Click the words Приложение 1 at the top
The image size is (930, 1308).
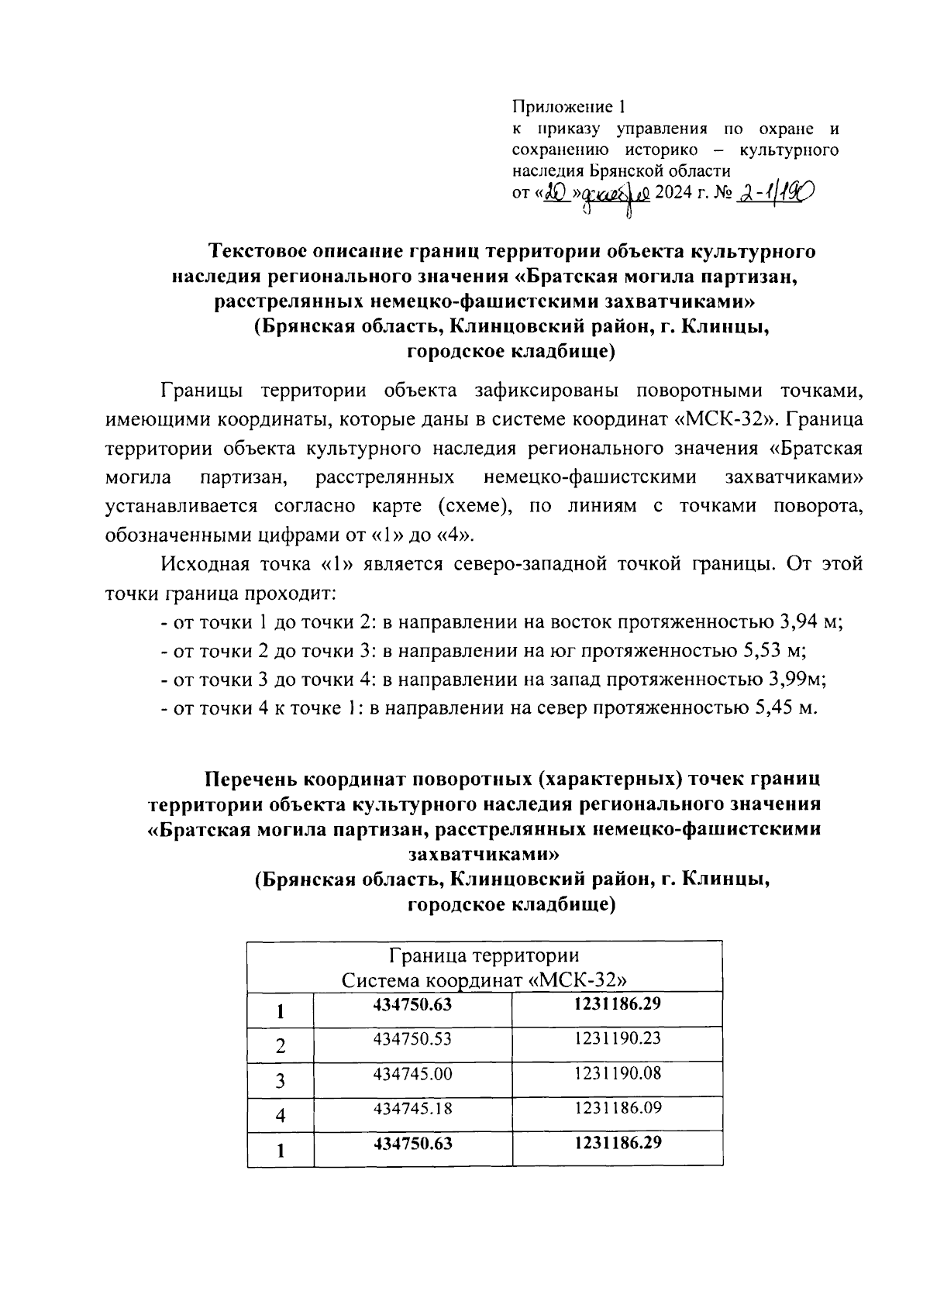pos(567,107)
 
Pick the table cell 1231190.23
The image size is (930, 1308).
pos(617,1038)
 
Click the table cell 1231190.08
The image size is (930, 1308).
pos(617,1073)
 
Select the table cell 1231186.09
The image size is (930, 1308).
pos(617,1108)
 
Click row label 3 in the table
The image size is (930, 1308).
pos(281,1081)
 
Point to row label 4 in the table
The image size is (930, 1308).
pos(281,1116)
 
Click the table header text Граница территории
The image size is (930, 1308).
pos(484,955)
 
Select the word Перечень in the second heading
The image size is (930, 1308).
pos(250,778)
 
